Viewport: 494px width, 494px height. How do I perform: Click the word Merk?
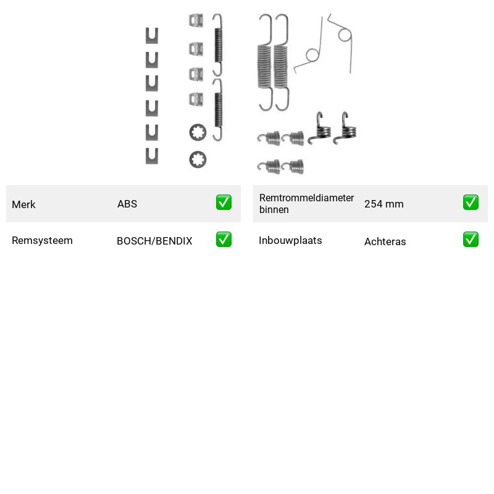tap(23, 204)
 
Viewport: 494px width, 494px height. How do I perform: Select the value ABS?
tap(127, 204)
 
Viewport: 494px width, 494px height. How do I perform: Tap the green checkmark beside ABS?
tap(224, 203)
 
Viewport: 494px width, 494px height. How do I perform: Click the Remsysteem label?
tap(42, 240)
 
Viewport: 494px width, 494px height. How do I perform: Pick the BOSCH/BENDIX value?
tap(154, 241)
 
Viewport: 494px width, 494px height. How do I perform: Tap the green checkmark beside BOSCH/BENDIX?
tap(224, 240)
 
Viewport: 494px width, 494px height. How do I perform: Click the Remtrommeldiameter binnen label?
tap(306, 204)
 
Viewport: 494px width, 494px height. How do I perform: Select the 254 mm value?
tap(383, 204)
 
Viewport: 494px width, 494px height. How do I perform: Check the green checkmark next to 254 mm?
tap(471, 203)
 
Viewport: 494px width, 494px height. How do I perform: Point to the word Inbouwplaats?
tap(290, 240)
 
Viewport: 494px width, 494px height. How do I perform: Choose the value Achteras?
tap(385, 241)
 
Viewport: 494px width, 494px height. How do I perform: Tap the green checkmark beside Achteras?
tap(471, 240)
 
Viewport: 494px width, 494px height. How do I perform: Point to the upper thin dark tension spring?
tap(218, 45)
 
